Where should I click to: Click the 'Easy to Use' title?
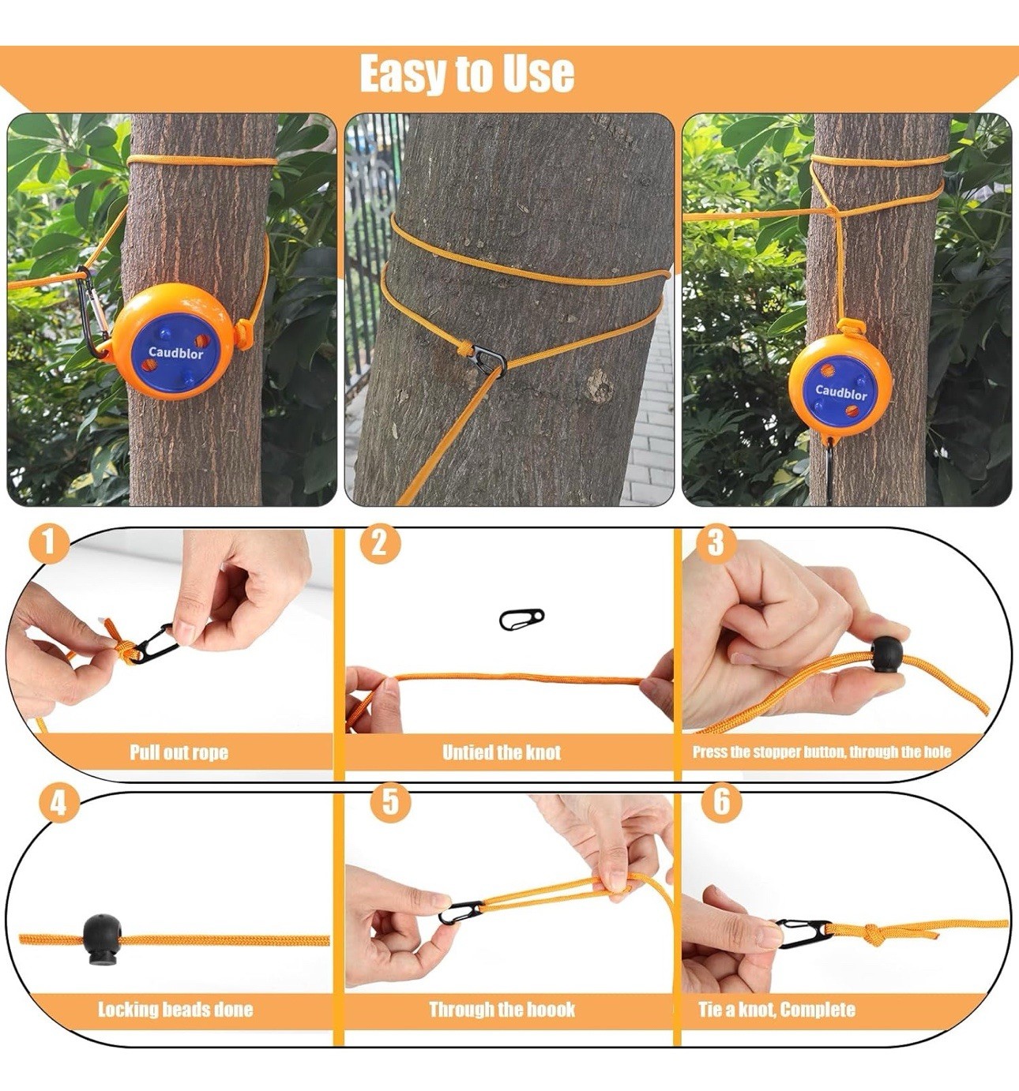467,74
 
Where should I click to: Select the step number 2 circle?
380,545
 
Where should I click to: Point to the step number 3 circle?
716,543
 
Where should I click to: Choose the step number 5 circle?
390,801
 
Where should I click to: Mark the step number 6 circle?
721,801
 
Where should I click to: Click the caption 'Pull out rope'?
179,752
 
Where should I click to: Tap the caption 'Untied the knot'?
502,752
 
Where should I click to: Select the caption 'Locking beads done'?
175,1009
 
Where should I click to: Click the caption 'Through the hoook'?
502,1009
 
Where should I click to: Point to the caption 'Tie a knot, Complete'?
776,1009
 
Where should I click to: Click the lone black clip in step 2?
521,619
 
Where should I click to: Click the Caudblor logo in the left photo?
176,353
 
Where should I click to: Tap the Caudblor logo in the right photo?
840,392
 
